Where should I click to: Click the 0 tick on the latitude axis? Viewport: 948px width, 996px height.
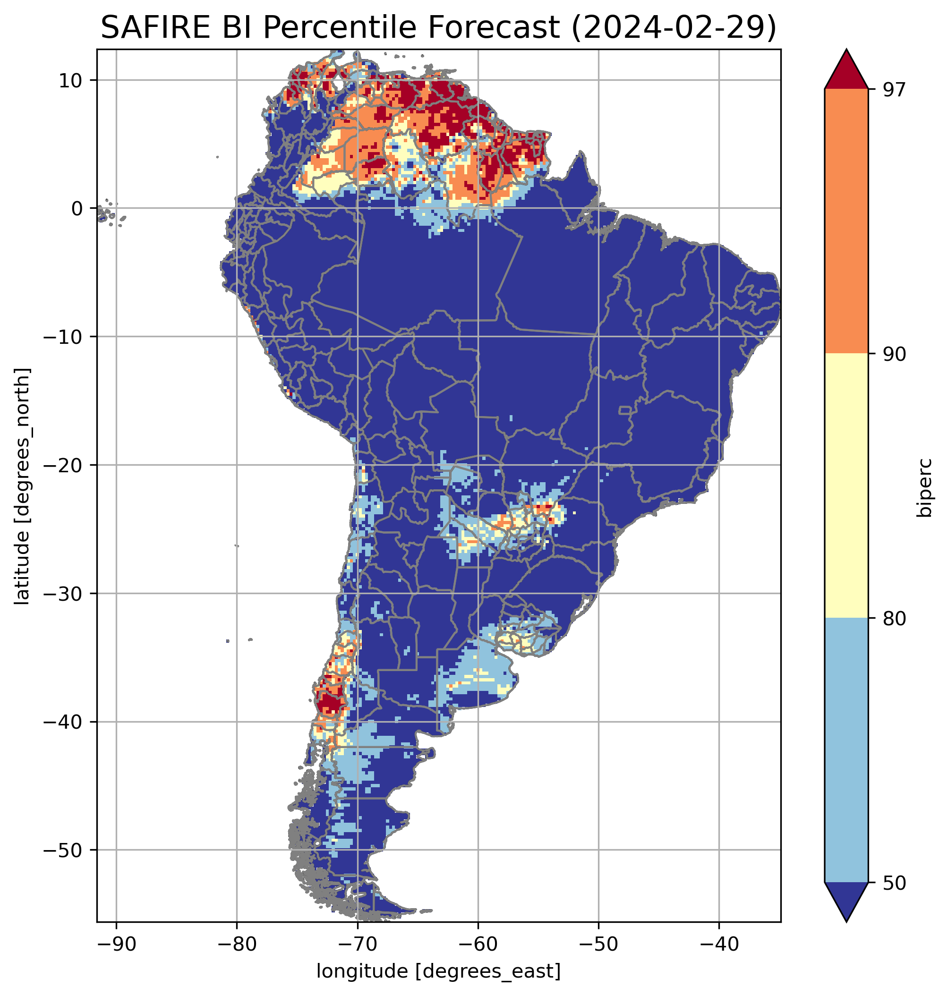coord(77,209)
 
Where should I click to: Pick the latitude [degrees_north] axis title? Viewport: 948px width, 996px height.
coord(22,486)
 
